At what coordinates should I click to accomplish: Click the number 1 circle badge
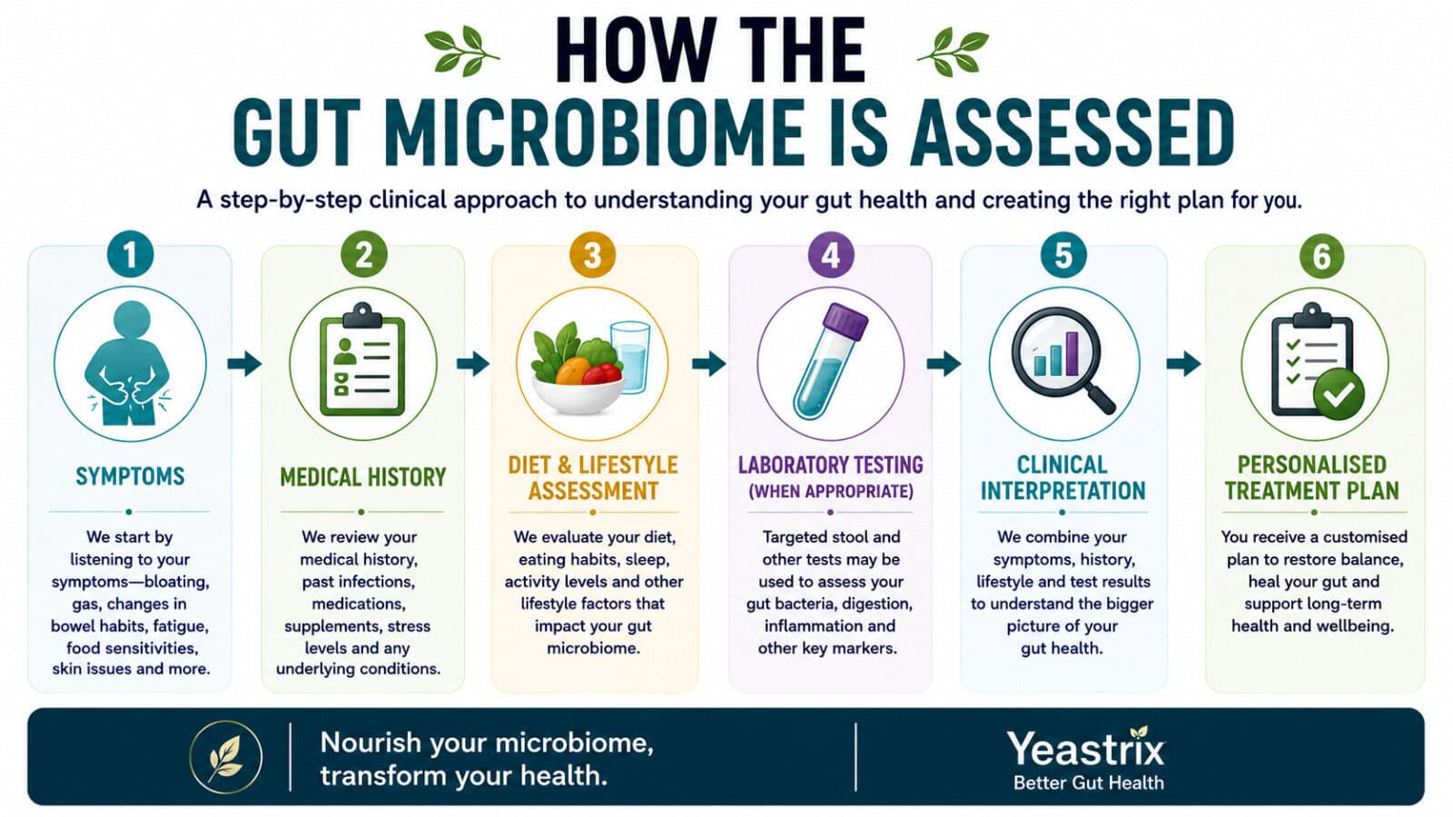(x=131, y=254)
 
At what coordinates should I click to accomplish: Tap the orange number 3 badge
(x=592, y=254)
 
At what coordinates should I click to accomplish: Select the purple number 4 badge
(x=831, y=254)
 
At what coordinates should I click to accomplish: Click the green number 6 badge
(x=1322, y=255)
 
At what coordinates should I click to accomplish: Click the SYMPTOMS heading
(x=130, y=477)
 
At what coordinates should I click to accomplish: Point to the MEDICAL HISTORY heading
(x=362, y=477)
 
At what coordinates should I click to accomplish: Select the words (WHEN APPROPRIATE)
(x=831, y=491)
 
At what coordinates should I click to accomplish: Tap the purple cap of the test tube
(x=845, y=321)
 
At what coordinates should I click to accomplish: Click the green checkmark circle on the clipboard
(x=1339, y=394)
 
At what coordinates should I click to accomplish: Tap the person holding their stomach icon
(x=129, y=363)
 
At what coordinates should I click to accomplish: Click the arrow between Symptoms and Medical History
(x=244, y=363)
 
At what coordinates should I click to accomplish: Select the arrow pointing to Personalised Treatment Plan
(x=1184, y=363)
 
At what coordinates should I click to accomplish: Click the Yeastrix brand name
(x=1086, y=750)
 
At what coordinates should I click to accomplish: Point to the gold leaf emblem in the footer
(x=226, y=757)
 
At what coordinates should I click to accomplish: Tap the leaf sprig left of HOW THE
(x=462, y=52)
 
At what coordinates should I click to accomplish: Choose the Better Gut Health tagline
(x=1089, y=783)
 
